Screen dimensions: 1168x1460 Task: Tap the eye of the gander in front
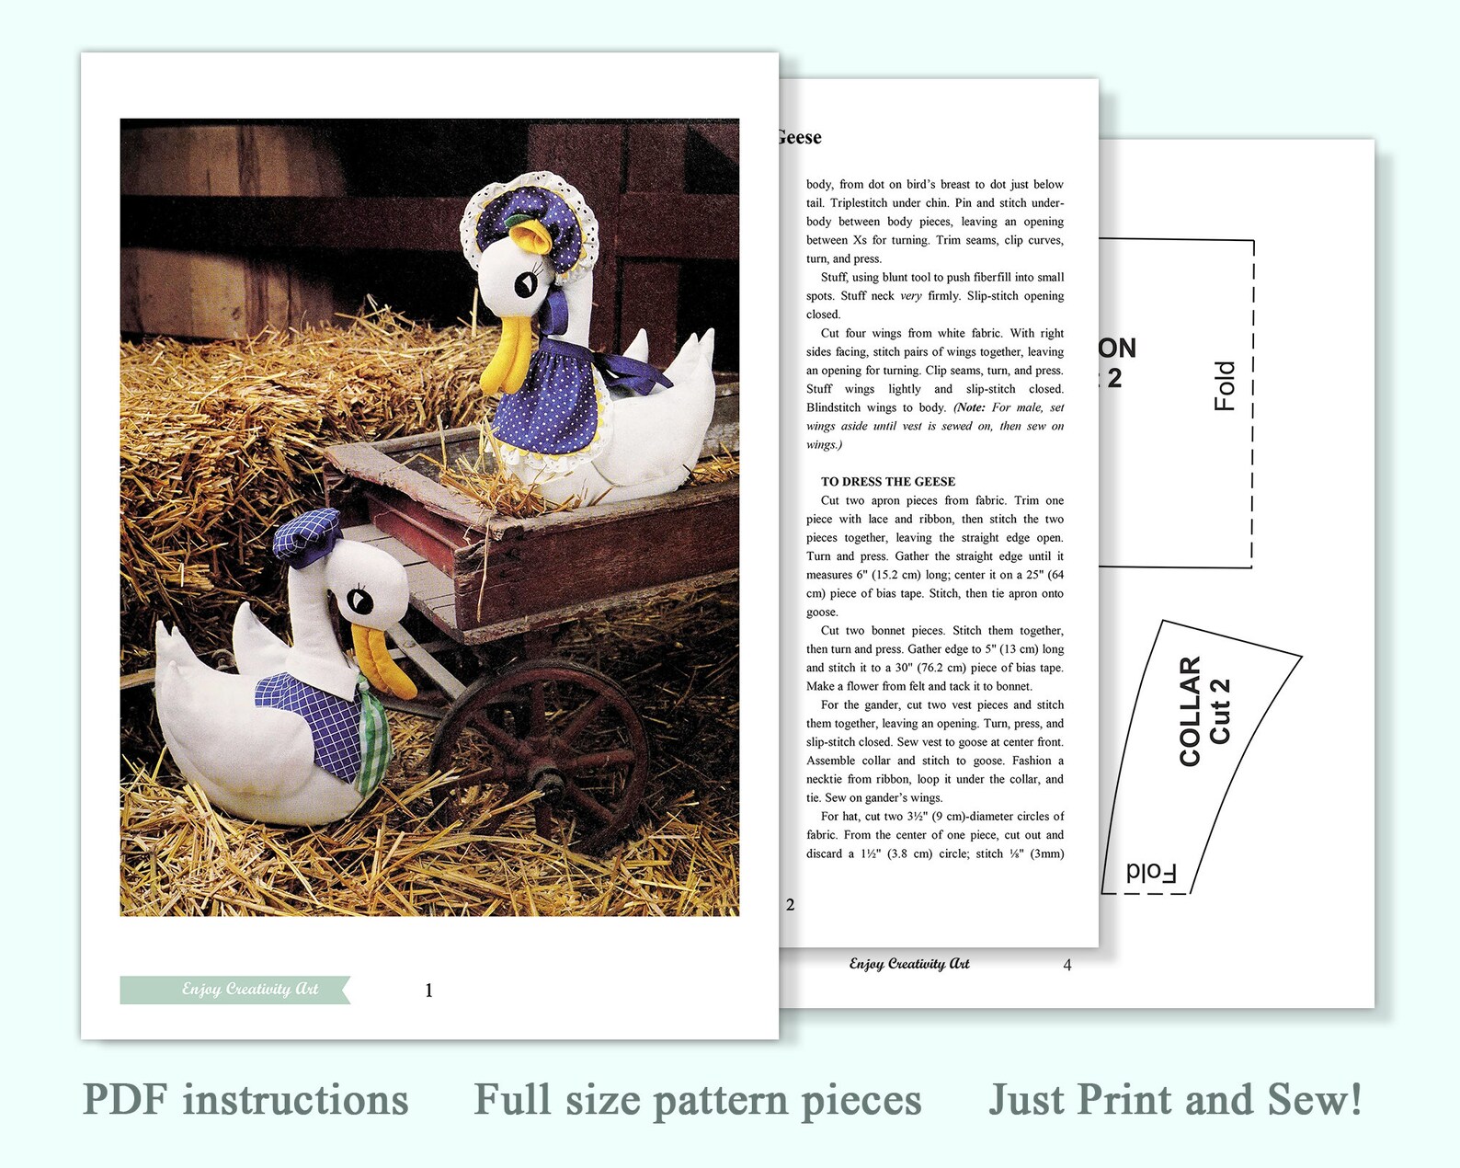pos(359,601)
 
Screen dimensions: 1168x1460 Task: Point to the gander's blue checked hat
pos(307,534)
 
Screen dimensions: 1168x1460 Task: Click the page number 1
pos(428,991)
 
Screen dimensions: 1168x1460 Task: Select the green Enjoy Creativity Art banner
pos(235,990)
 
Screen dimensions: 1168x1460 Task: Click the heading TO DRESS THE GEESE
pos(887,481)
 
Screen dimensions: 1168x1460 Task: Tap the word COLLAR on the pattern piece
pos(1190,711)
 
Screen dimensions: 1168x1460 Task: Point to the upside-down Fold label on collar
pos(1151,872)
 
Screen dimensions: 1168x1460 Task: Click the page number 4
pos(1066,965)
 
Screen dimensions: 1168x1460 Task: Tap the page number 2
pos(790,905)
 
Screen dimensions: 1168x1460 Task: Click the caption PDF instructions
pos(245,1100)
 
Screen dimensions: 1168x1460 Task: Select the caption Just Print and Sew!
pos(1175,1100)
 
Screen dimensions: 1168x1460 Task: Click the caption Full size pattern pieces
pos(697,1100)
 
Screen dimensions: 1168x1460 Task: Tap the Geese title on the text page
pos(799,138)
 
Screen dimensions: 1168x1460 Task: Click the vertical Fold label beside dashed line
pos(1224,385)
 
